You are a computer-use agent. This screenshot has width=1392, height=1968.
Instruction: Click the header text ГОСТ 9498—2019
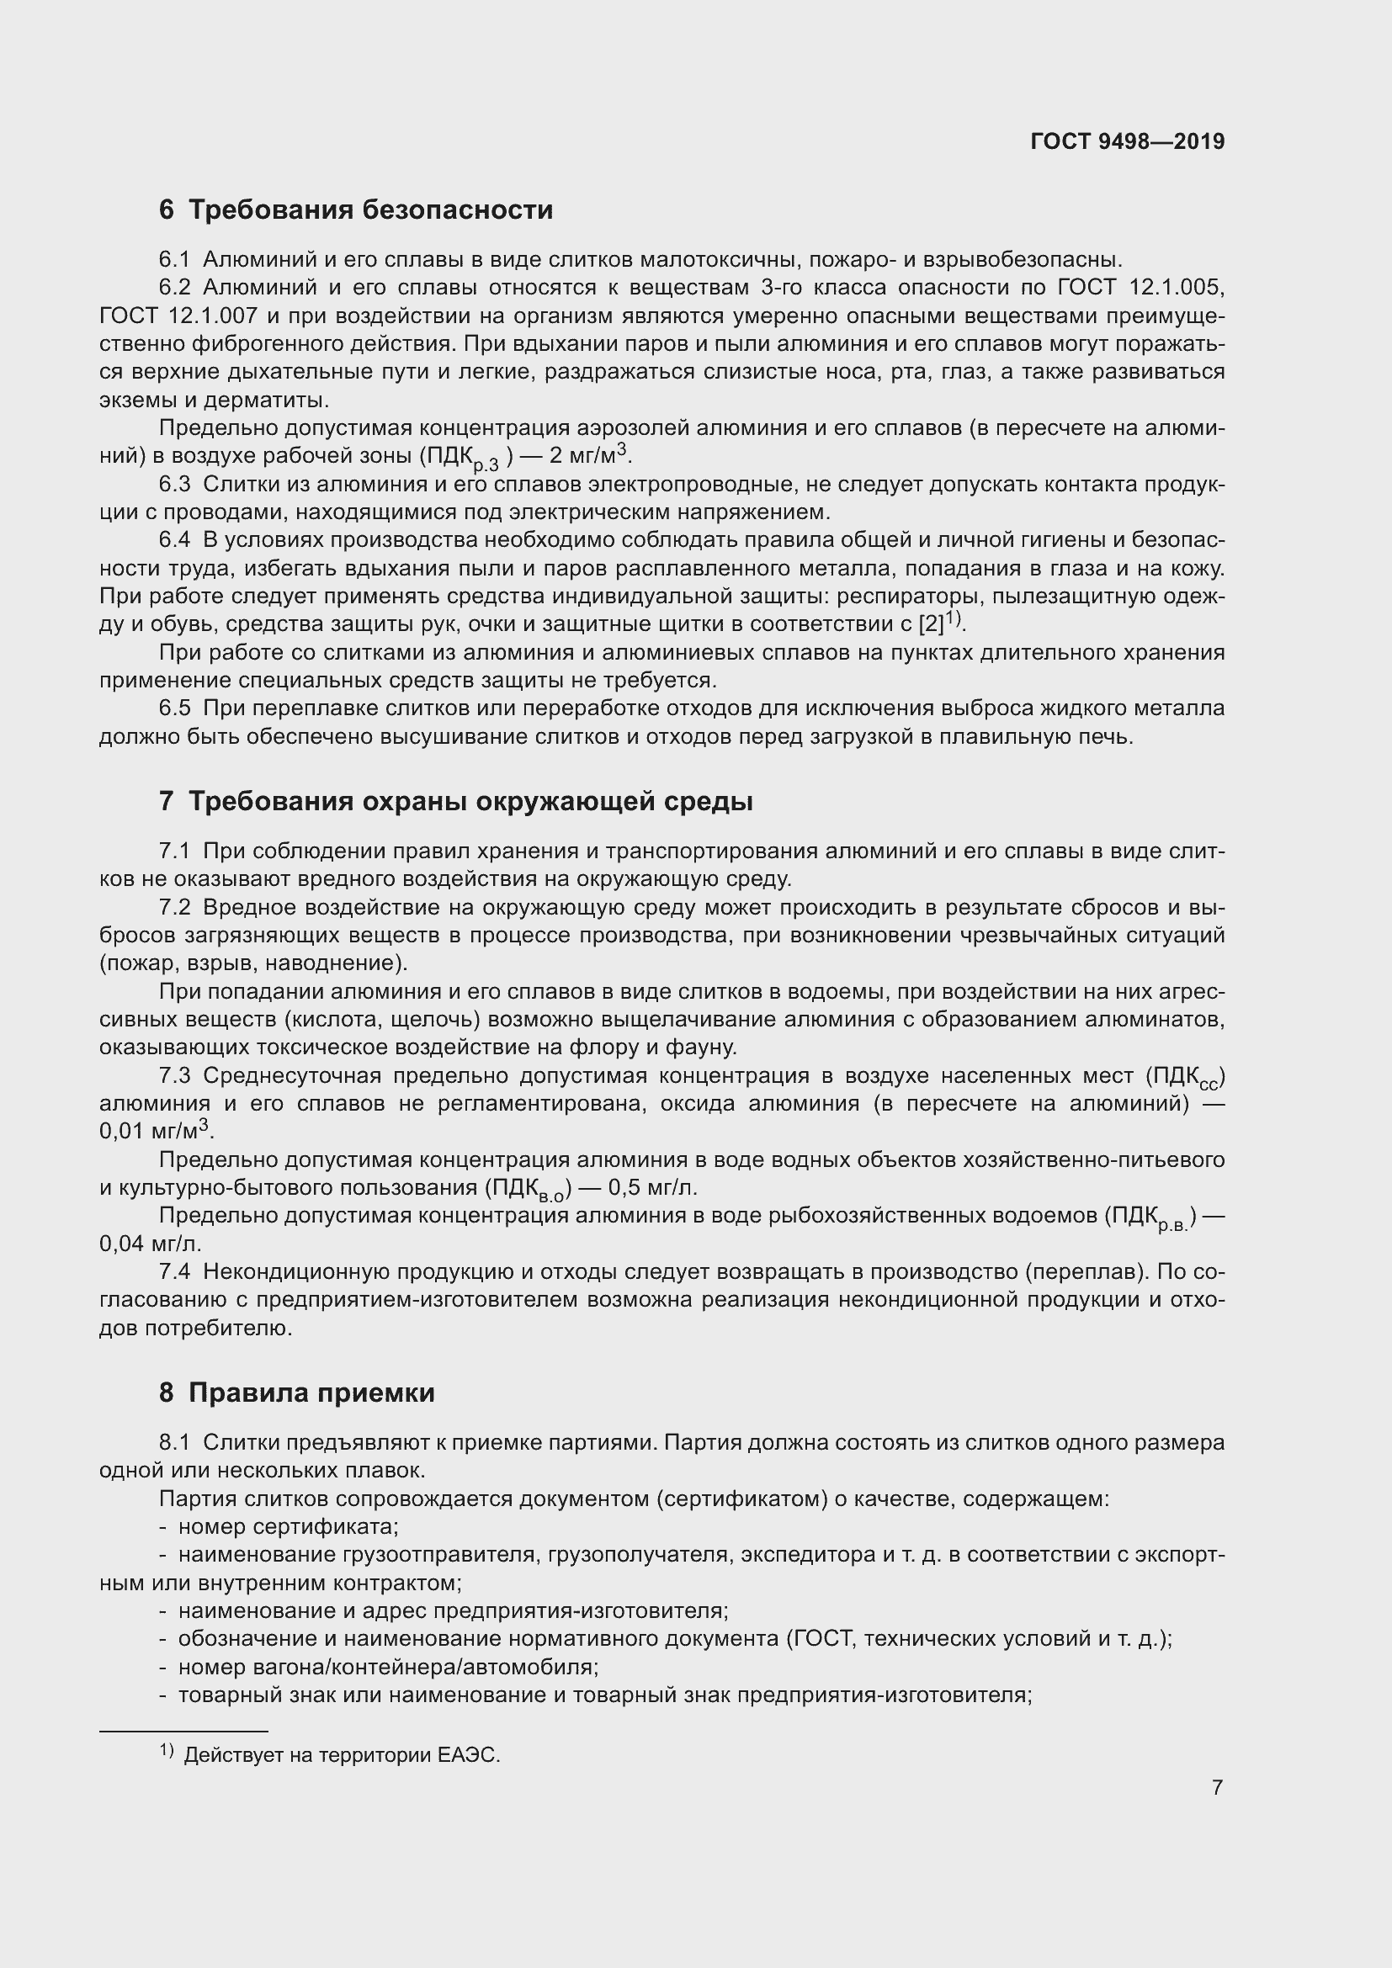1127,141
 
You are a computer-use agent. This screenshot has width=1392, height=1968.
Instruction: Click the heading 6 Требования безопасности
356,210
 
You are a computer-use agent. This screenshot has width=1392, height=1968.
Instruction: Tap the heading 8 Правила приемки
296,1392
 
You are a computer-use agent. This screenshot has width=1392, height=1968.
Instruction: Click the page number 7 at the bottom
1217,1788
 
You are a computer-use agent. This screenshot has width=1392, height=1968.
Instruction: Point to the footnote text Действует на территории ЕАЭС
341,1755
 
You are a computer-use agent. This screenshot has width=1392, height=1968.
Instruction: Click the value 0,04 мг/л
150,1244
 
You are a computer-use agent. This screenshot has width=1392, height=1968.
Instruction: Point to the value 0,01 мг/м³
155,1132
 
